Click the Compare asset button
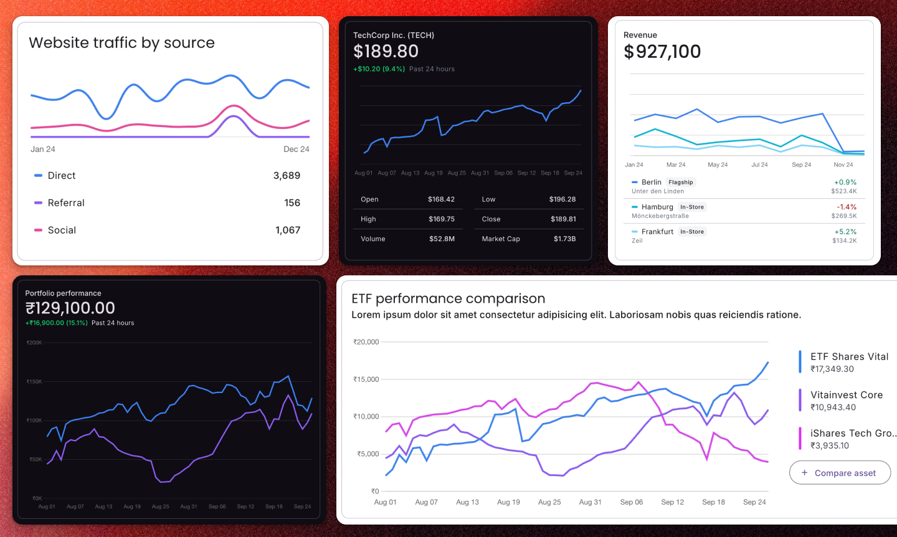[x=840, y=473]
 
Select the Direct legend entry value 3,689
[x=287, y=176]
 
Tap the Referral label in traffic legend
[x=66, y=203]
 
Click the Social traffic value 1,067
[x=288, y=230]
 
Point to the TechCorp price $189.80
[x=386, y=52]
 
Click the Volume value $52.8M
[x=442, y=239]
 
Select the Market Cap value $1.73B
[x=564, y=239]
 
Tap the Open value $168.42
[x=441, y=199]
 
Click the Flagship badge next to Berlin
[x=680, y=183]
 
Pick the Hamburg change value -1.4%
[x=847, y=207]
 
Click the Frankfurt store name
[x=657, y=232]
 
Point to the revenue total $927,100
[x=662, y=52]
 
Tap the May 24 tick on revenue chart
[x=718, y=165]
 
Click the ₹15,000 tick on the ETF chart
[x=366, y=379]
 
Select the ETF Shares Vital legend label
[x=849, y=357]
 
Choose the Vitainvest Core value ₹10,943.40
[x=833, y=407]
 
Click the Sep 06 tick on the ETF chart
[x=631, y=502]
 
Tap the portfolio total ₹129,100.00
[x=70, y=308]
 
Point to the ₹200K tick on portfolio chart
[x=34, y=343]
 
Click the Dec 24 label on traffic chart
[x=296, y=150]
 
